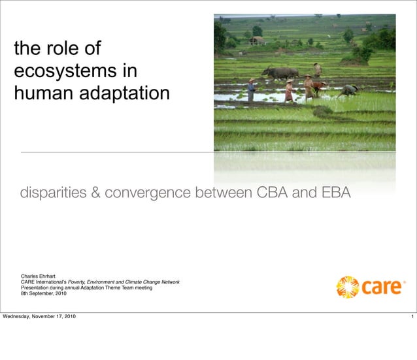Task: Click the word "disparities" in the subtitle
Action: pyautogui.click(x=57, y=193)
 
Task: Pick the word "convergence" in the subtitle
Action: pyautogui.click(x=149, y=193)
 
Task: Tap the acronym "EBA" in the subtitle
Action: pyautogui.click(x=333, y=193)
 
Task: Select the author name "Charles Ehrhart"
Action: pyautogui.click(x=39, y=276)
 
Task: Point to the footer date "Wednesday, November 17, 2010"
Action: pyautogui.click(x=39, y=317)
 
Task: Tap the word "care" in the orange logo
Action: pyautogui.click(x=382, y=287)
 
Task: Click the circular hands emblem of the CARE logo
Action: pyautogui.click(x=348, y=287)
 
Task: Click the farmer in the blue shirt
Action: pyautogui.click(x=251, y=90)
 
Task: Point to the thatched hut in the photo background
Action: pyautogui.click(x=257, y=40)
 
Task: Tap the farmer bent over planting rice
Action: pyautogui.click(x=349, y=90)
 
